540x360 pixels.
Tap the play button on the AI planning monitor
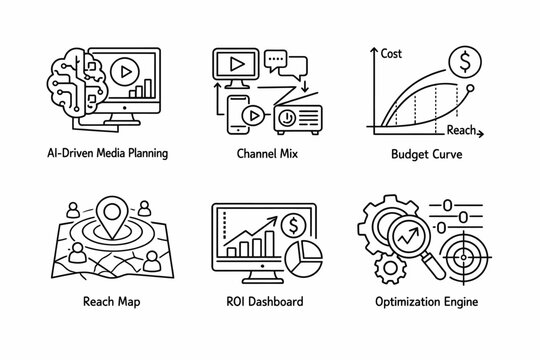point(123,73)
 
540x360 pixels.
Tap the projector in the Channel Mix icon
point(296,112)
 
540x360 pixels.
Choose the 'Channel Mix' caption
point(269,154)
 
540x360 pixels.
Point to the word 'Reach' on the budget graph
point(462,130)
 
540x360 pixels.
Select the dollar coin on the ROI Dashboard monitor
point(295,223)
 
